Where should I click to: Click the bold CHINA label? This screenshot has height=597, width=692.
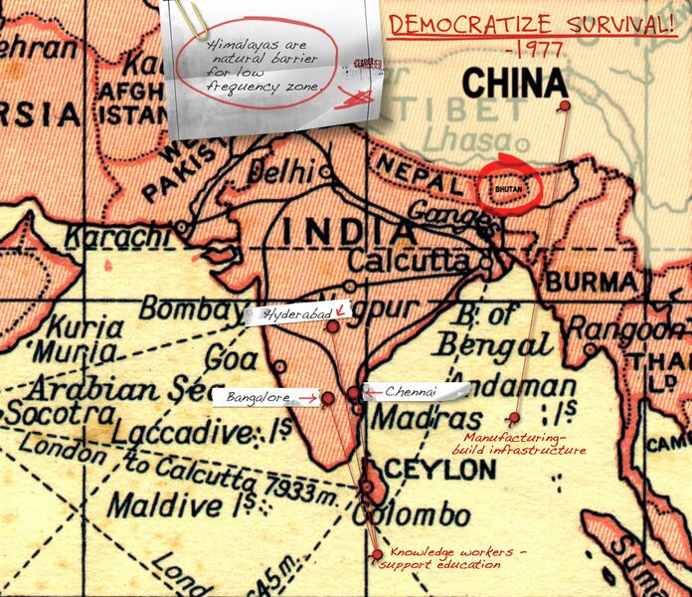pyautogui.click(x=515, y=81)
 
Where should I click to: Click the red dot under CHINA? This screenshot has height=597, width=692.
pyautogui.click(x=565, y=105)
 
